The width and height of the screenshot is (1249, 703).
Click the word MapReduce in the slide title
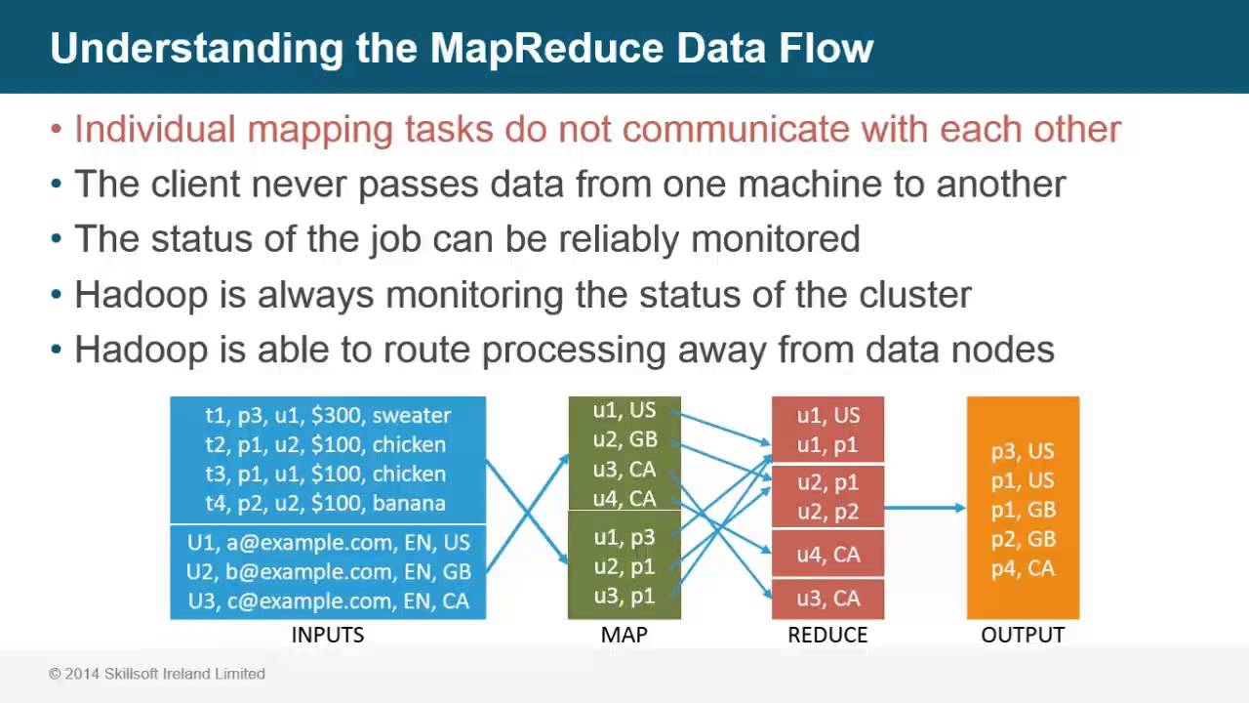click(553, 48)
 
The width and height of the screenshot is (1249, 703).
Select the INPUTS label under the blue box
click(328, 635)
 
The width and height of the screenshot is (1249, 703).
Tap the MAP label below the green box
click(624, 635)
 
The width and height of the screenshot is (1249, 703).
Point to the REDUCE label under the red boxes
click(827, 635)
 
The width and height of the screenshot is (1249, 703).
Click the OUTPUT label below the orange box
click(1023, 635)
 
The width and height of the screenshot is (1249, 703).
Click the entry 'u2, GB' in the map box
click(624, 440)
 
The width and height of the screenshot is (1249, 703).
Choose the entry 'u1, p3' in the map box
click(624, 537)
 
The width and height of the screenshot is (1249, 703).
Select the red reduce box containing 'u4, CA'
click(827, 554)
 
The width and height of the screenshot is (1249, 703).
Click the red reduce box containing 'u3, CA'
click(827, 599)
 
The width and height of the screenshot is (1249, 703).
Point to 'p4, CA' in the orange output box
click(1023, 568)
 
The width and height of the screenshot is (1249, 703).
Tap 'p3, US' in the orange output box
click(1023, 451)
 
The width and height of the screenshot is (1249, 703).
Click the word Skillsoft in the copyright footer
click(120, 674)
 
